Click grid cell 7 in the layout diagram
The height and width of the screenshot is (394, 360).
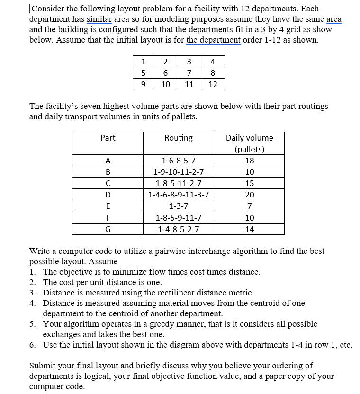point(189,73)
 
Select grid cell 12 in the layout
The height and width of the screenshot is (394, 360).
point(213,84)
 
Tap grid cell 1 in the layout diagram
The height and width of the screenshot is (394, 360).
point(143,62)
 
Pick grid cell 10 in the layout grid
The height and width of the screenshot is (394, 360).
point(166,84)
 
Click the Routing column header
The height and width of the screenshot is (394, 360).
point(178,138)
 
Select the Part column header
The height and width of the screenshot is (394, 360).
point(108,138)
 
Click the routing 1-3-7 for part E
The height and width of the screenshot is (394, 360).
point(178,206)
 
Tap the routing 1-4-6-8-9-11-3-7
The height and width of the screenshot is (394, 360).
point(178,195)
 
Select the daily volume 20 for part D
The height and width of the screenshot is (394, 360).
point(249,195)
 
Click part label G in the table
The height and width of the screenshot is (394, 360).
point(108,229)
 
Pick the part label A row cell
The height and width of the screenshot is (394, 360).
point(108,161)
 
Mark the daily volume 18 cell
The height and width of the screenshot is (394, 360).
point(249,161)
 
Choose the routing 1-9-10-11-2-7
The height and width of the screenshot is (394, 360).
point(178,172)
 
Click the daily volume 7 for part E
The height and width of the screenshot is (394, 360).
point(249,206)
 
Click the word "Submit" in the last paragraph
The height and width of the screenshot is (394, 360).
point(44,366)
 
